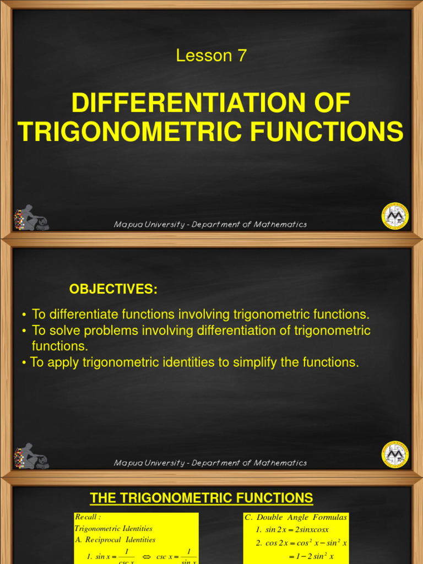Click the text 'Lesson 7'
(211, 56)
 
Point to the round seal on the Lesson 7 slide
(395, 215)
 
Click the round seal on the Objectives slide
(395, 454)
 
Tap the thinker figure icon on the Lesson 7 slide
(30, 218)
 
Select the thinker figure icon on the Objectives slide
(30, 456)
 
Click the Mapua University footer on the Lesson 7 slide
(210, 224)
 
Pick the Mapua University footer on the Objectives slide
(210, 463)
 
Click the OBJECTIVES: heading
(113, 290)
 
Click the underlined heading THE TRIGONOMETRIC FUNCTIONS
(202, 498)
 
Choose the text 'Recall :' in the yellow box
(88, 517)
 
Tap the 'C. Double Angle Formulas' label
(296, 517)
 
